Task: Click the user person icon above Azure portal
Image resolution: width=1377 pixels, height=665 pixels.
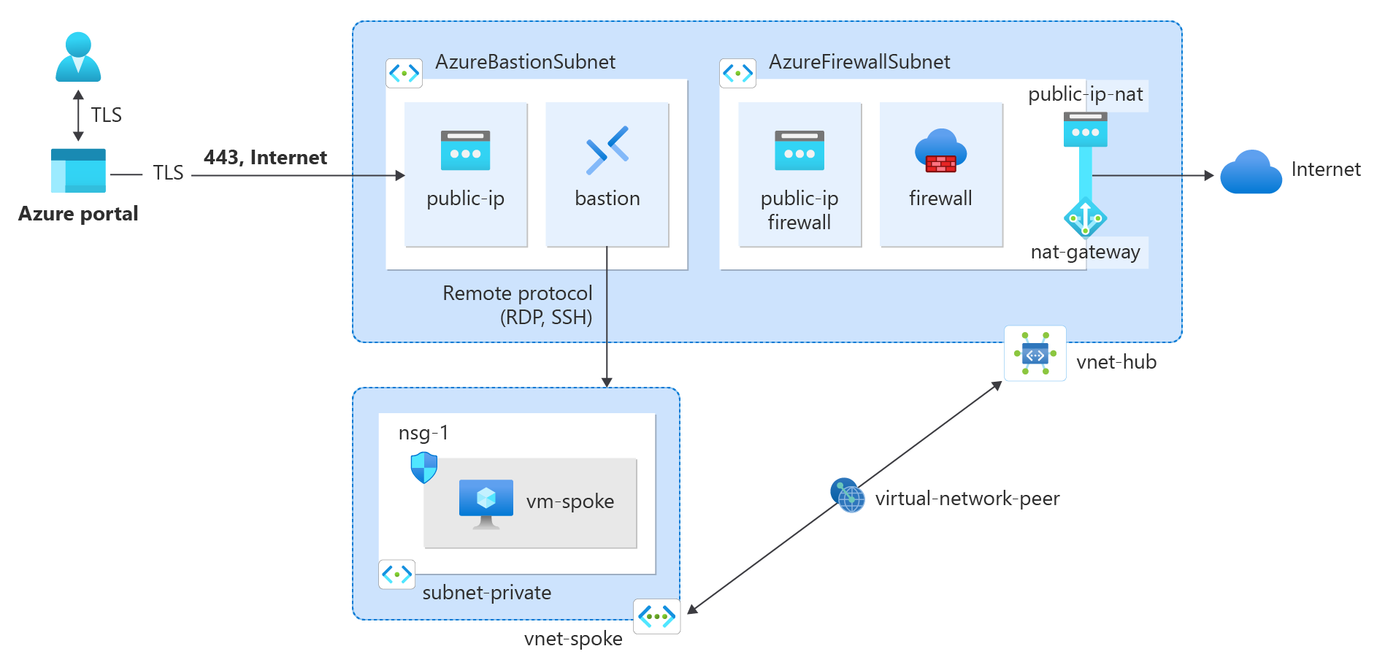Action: (78, 56)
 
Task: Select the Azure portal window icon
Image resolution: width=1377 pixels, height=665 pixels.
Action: (78, 170)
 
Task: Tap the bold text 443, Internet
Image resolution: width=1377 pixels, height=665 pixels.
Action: (265, 158)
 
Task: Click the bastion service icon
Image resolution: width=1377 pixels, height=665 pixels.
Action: (607, 150)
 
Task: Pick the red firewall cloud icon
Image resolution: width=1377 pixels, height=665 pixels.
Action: (940, 151)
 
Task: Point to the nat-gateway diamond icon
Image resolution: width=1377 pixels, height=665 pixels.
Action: (1085, 218)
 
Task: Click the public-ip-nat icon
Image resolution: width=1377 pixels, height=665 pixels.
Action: (1085, 129)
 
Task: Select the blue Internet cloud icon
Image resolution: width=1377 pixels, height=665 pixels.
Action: (1251, 172)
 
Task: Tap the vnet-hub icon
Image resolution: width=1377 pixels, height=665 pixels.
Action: (1035, 354)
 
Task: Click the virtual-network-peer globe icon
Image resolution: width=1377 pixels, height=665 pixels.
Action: (848, 496)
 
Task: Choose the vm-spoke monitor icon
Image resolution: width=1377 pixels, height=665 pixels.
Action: (486, 503)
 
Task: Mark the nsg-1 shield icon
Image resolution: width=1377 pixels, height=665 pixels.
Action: (423, 467)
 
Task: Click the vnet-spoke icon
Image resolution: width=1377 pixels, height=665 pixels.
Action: (656, 617)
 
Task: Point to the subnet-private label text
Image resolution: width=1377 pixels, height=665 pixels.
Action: (486, 593)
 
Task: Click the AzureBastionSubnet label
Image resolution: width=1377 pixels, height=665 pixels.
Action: (525, 62)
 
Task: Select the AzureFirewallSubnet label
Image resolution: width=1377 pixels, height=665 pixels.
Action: (859, 62)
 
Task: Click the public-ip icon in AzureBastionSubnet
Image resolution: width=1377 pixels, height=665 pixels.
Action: (465, 150)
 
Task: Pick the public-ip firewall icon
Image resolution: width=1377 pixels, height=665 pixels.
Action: (799, 150)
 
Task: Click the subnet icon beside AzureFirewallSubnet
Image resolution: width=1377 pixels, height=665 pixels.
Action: (737, 73)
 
